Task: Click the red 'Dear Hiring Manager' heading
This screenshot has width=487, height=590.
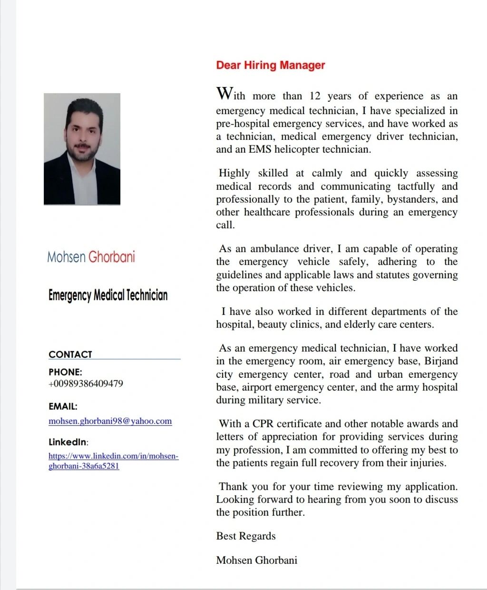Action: (270, 65)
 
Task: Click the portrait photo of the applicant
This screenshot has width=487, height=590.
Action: (82, 149)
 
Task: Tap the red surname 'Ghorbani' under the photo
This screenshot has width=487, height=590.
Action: (112, 257)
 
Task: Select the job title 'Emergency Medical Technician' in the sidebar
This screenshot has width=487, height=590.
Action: (108, 295)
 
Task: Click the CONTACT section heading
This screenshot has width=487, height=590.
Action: (70, 354)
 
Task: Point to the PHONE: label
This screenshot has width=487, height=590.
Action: (65, 372)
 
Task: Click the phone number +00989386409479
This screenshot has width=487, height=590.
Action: (86, 383)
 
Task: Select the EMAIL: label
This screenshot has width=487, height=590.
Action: (63, 406)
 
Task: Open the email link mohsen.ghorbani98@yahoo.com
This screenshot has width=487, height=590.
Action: (110, 421)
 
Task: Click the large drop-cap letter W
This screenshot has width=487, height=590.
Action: (224, 93)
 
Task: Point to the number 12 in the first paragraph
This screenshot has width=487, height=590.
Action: (315, 96)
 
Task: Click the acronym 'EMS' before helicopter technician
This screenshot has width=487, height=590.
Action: (260, 149)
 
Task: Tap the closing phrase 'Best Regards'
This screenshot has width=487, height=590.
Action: (245, 536)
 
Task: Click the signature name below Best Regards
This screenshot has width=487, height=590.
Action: (256, 560)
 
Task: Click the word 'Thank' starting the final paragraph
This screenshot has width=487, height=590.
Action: (234, 487)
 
